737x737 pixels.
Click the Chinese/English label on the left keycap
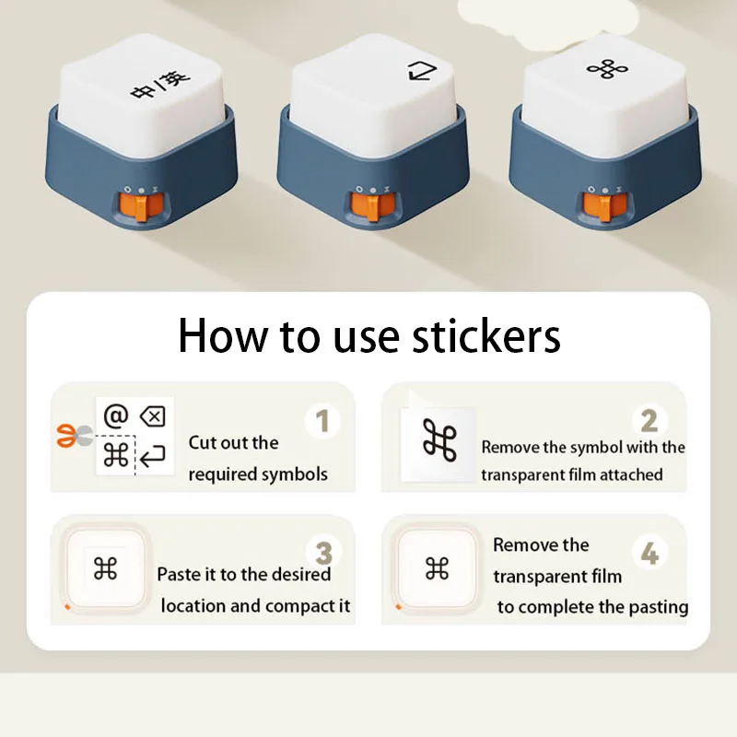pyautogui.click(x=160, y=85)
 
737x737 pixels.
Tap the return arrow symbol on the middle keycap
pyautogui.click(x=422, y=72)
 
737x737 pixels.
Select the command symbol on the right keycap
pyautogui.click(x=607, y=70)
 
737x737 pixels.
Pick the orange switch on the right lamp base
pyautogui.click(x=603, y=205)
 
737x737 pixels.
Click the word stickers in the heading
pyautogui.click(x=486, y=335)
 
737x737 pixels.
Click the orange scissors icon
pyautogui.click(x=74, y=436)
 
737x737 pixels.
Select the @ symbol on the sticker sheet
pyautogui.click(x=116, y=416)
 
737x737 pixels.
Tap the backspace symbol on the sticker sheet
pyautogui.click(x=153, y=416)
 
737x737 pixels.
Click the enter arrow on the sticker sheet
pyautogui.click(x=153, y=456)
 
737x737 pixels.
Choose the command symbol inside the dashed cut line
pyautogui.click(x=116, y=455)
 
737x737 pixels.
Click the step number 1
pyautogui.click(x=322, y=420)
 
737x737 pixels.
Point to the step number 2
pyautogui.click(x=649, y=421)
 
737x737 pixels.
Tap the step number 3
pyautogui.click(x=324, y=554)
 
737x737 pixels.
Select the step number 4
pyautogui.click(x=649, y=554)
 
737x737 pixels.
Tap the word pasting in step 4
pyautogui.click(x=659, y=607)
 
